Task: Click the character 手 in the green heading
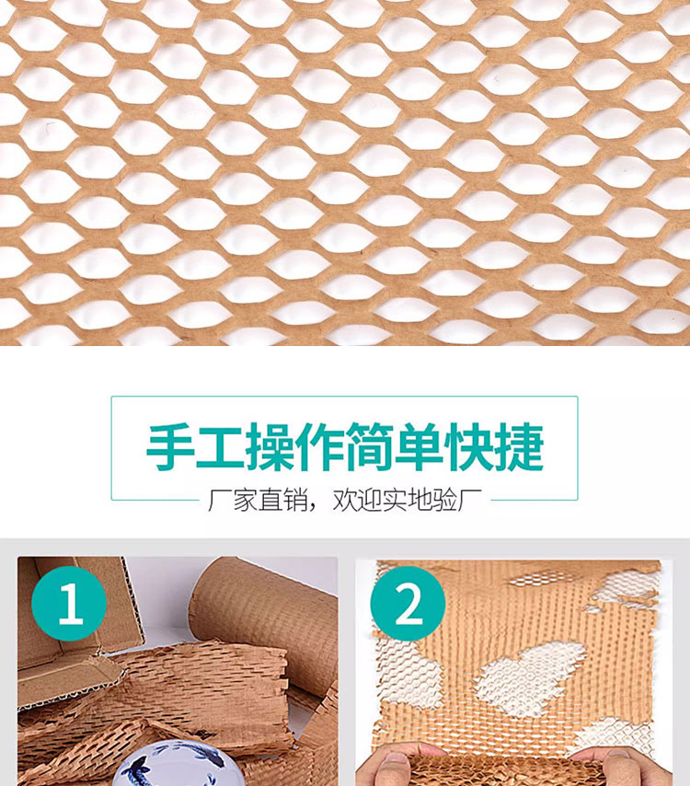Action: pyautogui.click(x=170, y=446)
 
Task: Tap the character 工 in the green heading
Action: pyautogui.click(x=220, y=446)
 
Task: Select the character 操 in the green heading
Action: pyautogui.click(x=270, y=446)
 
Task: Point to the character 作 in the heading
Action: pyautogui.click(x=319, y=446)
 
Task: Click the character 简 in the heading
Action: pyautogui.click(x=369, y=446)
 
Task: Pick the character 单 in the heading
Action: pyautogui.click(x=420, y=446)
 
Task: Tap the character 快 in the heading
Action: pyautogui.click(x=469, y=446)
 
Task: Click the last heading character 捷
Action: pyautogui.click(x=519, y=446)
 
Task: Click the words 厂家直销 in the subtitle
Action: pyautogui.click(x=259, y=500)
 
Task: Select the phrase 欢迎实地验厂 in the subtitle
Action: pyautogui.click(x=408, y=500)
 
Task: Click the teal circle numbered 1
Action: pyautogui.click(x=69, y=604)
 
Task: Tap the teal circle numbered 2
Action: pyautogui.click(x=408, y=604)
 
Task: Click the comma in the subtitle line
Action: pyautogui.click(x=315, y=507)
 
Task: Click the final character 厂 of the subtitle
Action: pyautogui.click(x=470, y=500)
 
